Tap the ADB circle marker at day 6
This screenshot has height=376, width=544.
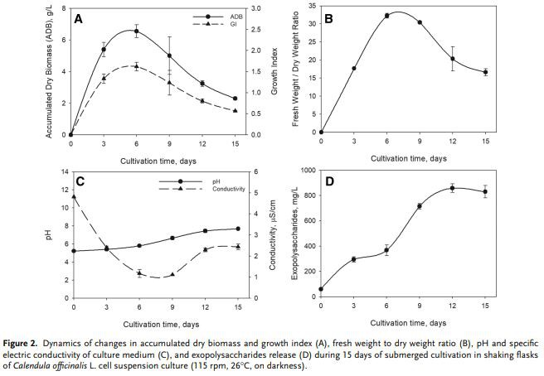coord(136,31)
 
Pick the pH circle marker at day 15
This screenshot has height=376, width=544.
coord(236,229)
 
